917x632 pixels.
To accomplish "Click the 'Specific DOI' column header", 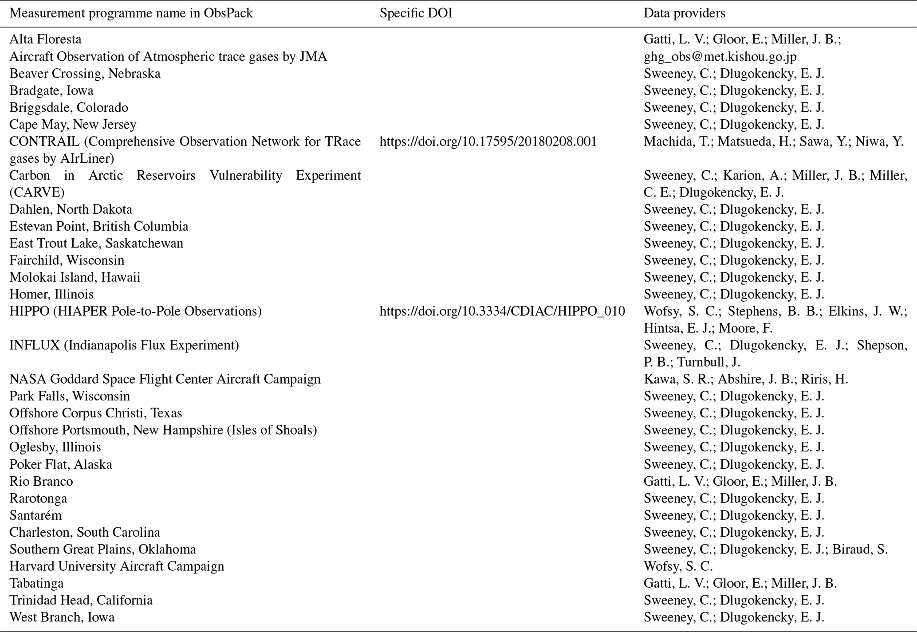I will pos(416,13).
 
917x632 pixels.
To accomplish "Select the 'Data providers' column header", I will pos(684,13).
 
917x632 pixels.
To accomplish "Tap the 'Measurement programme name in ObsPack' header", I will pos(131,13).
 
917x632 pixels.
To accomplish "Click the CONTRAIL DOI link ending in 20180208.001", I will pos(488,141).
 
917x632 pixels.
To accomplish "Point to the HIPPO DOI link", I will pos(502,311).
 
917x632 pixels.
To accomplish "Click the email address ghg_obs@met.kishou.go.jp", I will pos(720,56).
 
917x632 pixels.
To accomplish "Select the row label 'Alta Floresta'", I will pos(45,39).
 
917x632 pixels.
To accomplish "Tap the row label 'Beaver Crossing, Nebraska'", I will pos(85,74).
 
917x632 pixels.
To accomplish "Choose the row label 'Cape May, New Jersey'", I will pos(73,125).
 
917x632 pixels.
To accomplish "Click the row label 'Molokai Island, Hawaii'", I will pos(75,278).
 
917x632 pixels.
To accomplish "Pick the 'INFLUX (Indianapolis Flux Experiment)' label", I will pos(124,345).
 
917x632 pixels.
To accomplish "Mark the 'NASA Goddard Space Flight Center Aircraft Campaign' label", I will pos(165,379).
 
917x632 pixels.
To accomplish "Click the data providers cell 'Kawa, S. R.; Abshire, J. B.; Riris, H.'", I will pos(746,379).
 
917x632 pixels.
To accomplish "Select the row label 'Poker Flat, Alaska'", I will pos(61,464).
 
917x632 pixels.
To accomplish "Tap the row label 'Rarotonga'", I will pos(38,499).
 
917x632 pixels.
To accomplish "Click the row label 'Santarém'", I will pos(35,515).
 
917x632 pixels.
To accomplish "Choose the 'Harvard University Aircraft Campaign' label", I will pos(117,566).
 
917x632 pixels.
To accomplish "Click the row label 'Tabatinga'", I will pos(36,583).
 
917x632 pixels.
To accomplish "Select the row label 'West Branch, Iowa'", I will pos(62,617).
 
